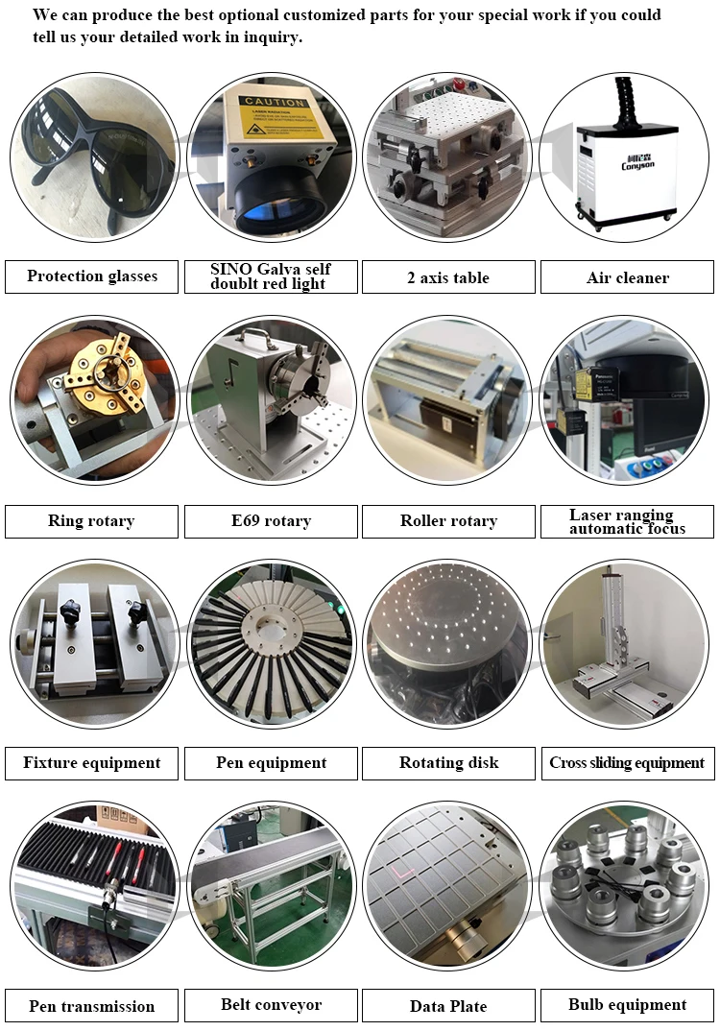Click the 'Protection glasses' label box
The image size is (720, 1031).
[x=92, y=276]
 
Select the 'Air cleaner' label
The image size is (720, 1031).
[x=627, y=277]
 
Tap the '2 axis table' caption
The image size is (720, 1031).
[x=448, y=277]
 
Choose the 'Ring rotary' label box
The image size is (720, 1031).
[x=91, y=521]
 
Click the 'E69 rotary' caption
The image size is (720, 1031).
[x=271, y=521]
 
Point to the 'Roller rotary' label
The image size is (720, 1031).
[x=448, y=521]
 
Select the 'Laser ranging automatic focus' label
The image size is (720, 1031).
[x=627, y=521]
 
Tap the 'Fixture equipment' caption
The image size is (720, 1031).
[x=91, y=763]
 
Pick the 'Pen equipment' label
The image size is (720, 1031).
[x=271, y=763]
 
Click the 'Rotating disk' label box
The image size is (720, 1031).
[x=448, y=763]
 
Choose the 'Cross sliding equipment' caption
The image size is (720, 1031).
[x=627, y=763]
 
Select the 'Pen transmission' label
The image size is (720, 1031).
[x=91, y=1006]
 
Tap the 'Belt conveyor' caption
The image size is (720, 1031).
[x=271, y=1005]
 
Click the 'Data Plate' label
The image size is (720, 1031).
[x=448, y=1006]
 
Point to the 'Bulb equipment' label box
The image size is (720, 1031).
[x=627, y=1005]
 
